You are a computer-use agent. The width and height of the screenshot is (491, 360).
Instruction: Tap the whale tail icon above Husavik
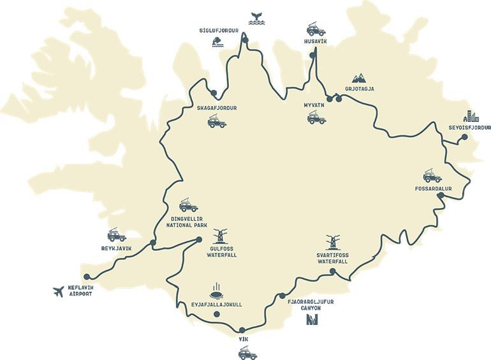[x=258, y=18]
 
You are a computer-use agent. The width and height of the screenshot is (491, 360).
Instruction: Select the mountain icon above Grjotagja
[x=359, y=77]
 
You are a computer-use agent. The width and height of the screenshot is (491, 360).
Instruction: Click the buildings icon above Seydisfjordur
[x=472, y=116]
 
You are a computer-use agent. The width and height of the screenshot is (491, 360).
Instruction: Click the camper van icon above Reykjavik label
[x=117, y=234]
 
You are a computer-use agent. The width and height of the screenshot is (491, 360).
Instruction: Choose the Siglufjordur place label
[x=219, y=30]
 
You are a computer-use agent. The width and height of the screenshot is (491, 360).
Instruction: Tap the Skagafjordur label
[x=217, y=109]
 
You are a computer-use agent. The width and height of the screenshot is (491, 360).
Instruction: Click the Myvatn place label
[x=314, y=105]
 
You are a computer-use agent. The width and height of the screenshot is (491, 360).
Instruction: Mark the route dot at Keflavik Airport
[x=87, y=276]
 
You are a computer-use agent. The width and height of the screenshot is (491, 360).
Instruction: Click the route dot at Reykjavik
[x=152, y=242]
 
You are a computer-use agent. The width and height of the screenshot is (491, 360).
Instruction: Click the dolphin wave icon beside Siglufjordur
[x=218, y=42]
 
